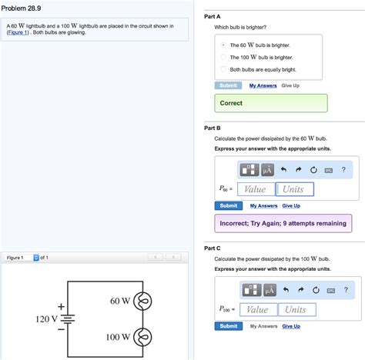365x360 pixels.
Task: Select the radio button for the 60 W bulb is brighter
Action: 223,45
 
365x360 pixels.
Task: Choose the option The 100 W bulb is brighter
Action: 223,57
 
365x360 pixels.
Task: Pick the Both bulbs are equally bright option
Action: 223,69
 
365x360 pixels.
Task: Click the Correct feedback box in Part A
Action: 270,103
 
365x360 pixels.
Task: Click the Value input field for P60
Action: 255,189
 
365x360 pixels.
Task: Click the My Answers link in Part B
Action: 263,206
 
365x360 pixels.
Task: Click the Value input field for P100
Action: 258,309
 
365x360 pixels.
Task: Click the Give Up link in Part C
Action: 291,326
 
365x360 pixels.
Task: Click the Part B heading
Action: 212,128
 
